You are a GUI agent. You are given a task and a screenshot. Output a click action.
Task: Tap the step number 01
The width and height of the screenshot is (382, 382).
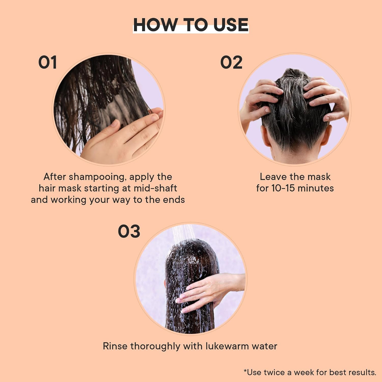[x=47, y=62]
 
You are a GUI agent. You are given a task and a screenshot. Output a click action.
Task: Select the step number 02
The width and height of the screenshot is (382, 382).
[x=231, y=62]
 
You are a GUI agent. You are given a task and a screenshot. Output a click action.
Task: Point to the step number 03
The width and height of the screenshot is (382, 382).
[x=129, y=232]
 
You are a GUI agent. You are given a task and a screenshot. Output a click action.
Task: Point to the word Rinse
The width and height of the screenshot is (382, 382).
[x=115, y=346]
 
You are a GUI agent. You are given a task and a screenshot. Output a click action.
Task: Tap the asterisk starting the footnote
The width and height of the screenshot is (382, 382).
[x=245, y=371]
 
